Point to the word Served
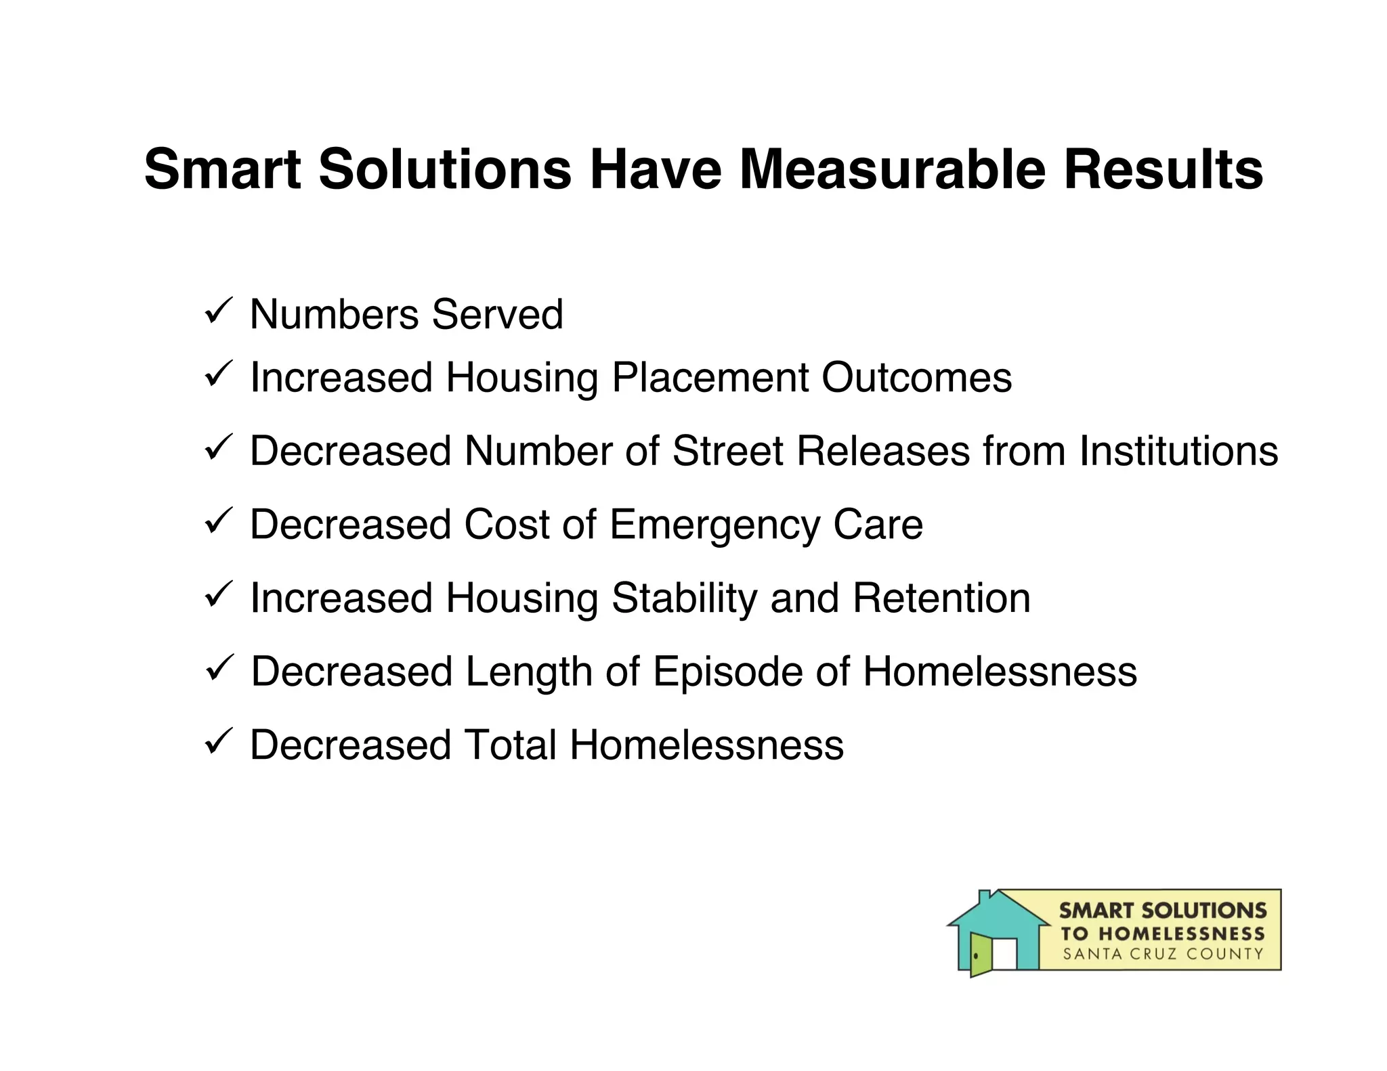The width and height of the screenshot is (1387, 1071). [x=497, y=315]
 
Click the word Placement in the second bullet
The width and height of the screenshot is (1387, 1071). [x=710, y=377]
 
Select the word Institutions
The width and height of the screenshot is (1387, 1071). [x=1178, y=451]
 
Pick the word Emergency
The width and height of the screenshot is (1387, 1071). [x=714, y=525]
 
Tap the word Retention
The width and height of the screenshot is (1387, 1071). [x=941, y=598]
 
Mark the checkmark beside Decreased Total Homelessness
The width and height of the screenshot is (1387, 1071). [x=218, y=741]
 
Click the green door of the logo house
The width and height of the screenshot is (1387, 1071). [x=980, y=955]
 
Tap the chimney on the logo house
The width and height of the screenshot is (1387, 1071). [x=985, y=898]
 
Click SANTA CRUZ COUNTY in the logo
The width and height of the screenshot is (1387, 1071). [x=1163, y=955]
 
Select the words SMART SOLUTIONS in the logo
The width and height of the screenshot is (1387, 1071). [x=1163, y=911]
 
